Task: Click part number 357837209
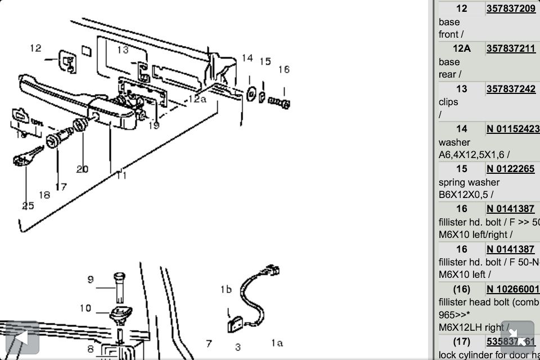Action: click(x=511, y=8)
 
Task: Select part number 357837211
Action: click(x=511, y=48)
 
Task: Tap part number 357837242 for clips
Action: click(x=511, y=89)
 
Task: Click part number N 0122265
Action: click(x=511, y=169)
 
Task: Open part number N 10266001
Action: click(x=512, y=289)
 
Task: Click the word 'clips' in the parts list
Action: click(x=448, y=102)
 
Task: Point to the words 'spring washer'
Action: click(x=469, y=182)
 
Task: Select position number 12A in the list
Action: click(x=461, y=48)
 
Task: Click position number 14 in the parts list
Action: click(x=461, y=129)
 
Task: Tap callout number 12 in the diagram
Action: click(x=35, y=48)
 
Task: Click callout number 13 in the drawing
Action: click(x=123, y=50)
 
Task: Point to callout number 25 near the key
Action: click(x=28, y=205)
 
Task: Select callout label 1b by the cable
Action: click(x=226, y=290)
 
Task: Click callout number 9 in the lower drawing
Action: click(x=91, y=279)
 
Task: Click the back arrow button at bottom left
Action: click(x=21, y=338)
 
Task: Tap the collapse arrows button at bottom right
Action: click(x=517, y=337)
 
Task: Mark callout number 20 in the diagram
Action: click(x=83, y=169)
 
